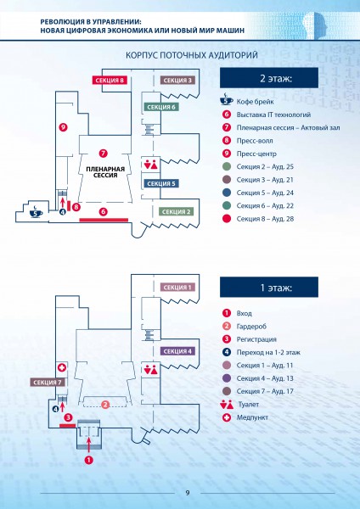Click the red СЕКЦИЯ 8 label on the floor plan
coord(110,81)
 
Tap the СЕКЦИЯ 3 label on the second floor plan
coord(177,81)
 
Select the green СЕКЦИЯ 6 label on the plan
coord(161,107)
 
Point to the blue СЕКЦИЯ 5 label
coord(161,183)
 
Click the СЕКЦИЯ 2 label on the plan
coord(176,211)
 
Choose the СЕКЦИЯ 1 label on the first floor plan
coord(177,287)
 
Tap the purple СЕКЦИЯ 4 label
coord(177,351)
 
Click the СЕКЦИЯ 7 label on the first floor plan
coord(48,382)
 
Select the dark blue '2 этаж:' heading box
coord(269,78)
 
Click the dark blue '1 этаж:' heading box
coord(269,288)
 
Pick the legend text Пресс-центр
coord(256,154)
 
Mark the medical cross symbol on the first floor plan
coord(62,367)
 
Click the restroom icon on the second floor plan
coord(151,165)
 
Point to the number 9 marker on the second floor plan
coord(63,127)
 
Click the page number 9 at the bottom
coord(188,493)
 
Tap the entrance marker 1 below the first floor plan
coord(88,460)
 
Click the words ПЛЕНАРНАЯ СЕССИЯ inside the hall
coord(105,172)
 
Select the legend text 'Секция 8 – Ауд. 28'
coord(265,219)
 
